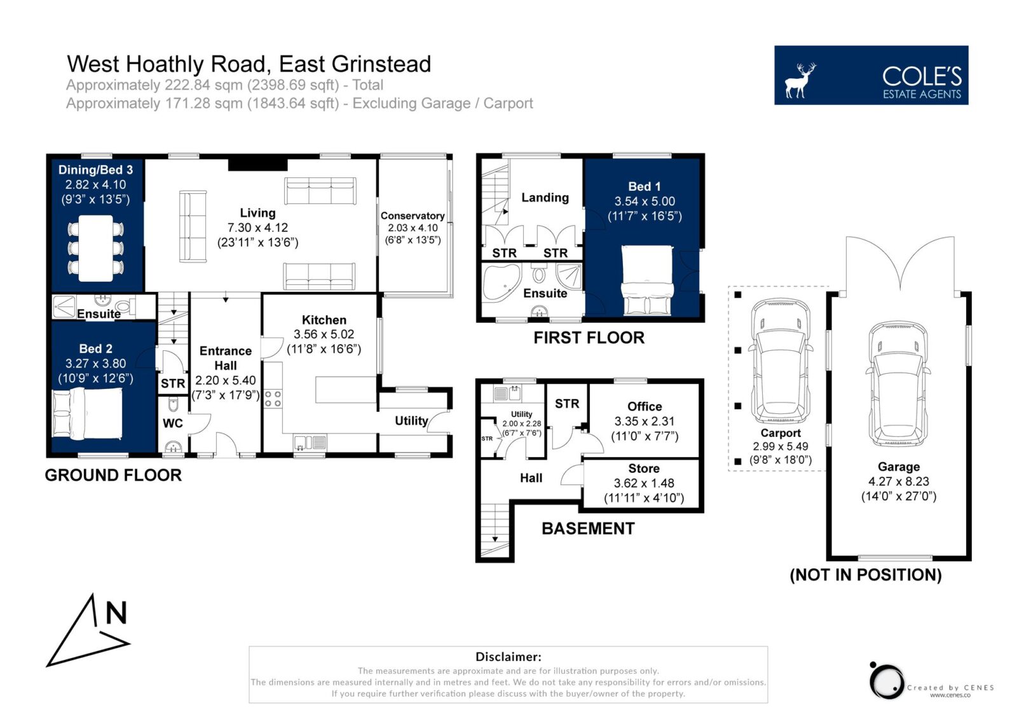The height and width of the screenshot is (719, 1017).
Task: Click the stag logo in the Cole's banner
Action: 800,81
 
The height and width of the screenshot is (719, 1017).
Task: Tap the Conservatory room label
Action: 413,216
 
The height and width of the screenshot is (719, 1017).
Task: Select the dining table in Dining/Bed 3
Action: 96,248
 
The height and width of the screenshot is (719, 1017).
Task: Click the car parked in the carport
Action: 781,361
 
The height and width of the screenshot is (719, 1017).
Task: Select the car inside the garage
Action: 898,384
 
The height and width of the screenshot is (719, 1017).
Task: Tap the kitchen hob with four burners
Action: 273,399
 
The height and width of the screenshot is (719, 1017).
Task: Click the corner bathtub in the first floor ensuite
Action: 502,283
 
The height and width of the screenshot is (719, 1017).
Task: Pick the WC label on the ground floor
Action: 172,423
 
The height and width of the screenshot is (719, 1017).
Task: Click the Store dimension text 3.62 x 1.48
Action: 644,483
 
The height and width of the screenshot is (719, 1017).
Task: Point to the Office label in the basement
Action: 645,406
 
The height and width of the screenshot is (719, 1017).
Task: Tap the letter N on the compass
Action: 116,613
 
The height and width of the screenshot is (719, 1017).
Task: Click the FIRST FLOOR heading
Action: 589,338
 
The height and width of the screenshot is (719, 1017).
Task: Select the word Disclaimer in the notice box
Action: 508,657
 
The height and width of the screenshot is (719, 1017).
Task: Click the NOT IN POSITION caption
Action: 866,575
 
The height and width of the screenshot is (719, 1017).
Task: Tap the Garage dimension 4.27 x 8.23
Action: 899,481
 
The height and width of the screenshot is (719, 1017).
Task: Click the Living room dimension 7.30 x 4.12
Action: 258,228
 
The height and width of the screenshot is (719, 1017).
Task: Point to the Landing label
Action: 545,198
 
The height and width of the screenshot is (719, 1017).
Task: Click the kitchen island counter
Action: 346,389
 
